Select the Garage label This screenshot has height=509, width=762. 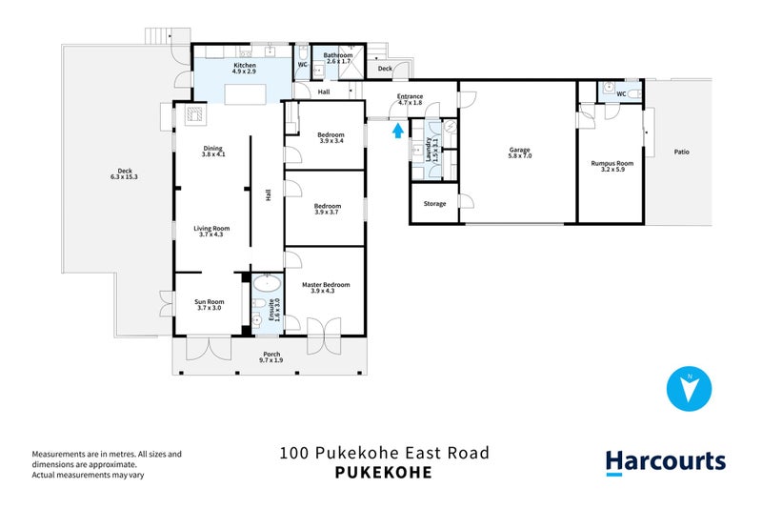click(x=519, y=150)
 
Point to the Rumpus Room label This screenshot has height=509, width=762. click(x=612, y=162)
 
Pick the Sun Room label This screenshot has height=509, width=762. click(x=209, y=302)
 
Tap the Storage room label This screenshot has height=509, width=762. click(x=435, y=204)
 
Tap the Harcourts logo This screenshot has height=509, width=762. click(x=666, y=462)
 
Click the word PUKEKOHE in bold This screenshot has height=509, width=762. click(x=384, y=473)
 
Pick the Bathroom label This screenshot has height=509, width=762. click(x=338, y=55)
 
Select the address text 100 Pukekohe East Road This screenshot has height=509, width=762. click(x=384, y=453)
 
